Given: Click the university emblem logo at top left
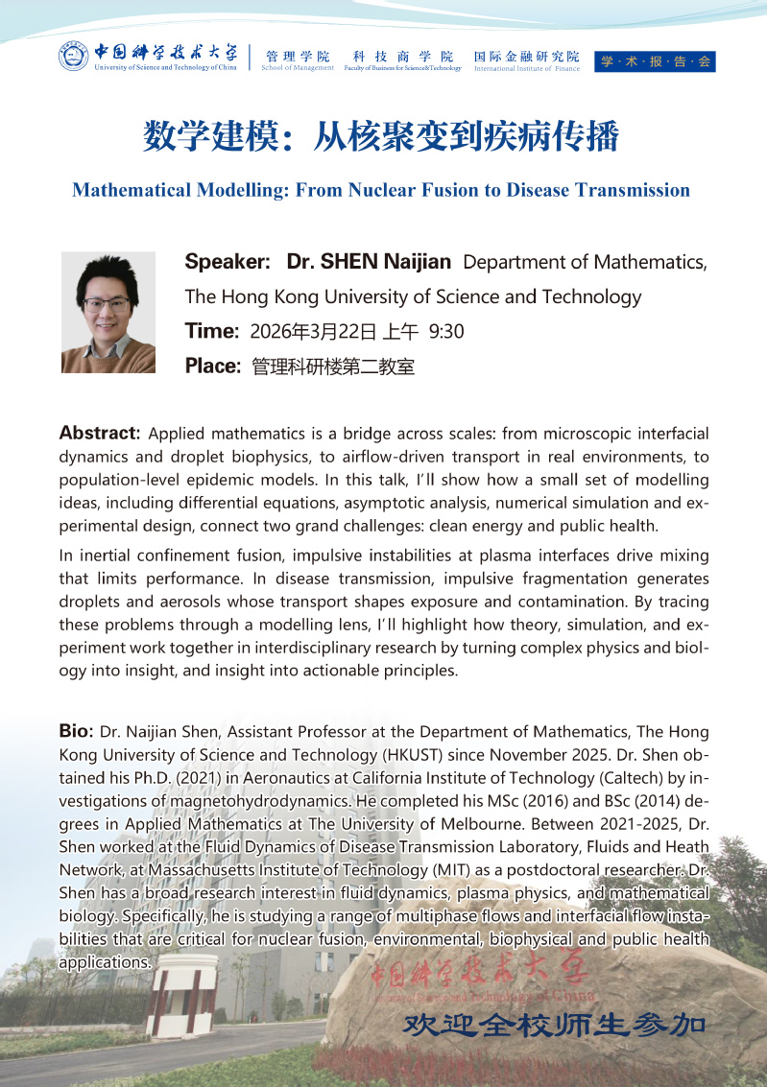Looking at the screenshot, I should [74, 58].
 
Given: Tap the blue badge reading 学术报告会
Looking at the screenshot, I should [656, 61].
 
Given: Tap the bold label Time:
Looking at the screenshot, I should [211, 332].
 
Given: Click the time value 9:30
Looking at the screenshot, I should [446, 333].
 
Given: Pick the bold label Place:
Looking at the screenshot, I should [212, 366].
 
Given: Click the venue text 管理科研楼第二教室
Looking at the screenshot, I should [333, 366].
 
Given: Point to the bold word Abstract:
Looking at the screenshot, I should [100, 433].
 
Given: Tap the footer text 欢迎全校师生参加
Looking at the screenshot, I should [555, 1024].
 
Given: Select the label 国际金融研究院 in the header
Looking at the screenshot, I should [526, 57].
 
